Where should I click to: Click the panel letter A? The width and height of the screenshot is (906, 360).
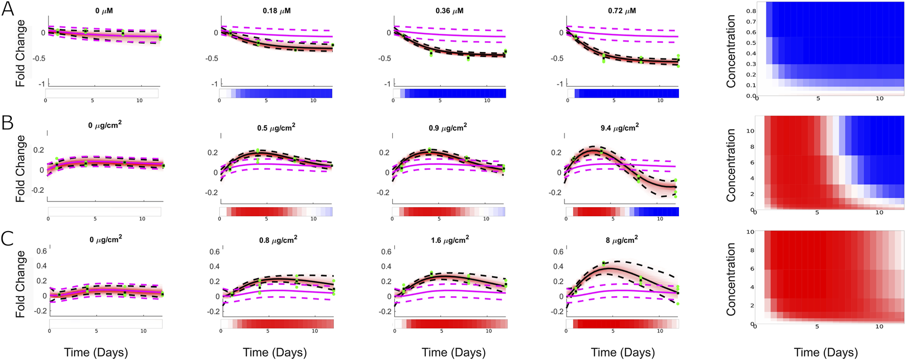(x=8, y=9)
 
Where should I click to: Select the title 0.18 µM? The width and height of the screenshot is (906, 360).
(x=277, y=11)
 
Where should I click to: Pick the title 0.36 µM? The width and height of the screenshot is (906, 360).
(x=449, y=11)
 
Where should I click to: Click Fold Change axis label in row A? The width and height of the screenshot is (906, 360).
(x=20, y=53)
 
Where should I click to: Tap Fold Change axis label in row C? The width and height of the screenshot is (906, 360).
(x=20, y=284)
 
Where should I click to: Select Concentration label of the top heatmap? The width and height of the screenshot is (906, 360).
(x=731, y=51)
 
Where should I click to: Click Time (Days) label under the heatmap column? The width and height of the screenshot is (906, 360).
(x=825, y=352)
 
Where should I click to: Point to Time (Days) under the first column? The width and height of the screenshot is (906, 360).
(x=96, y=352)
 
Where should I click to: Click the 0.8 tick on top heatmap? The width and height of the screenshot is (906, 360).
(x=751, y=11)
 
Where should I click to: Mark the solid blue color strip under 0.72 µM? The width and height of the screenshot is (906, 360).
(x=626, y=93)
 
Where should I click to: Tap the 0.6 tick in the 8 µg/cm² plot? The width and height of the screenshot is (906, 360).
(x=558, y=252)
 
